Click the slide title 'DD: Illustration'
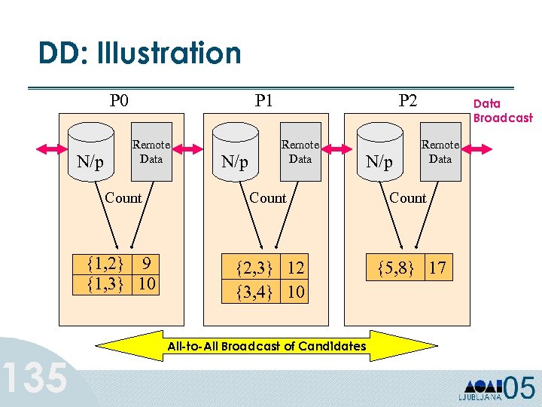(x=140, y=54)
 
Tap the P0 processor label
(x=119, y=100)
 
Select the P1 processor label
(x=263, y=100)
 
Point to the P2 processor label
(x=407, y=100)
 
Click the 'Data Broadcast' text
(x=502, y=111)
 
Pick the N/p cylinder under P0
(x=91, y=156)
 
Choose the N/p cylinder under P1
(x=233, y=156)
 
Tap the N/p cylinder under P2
(x=379, y=156)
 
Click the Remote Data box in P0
(x=151, y=151)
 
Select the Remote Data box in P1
(x=300, y=151)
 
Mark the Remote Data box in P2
(x=440, y=151)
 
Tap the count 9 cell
(x=148, y=265)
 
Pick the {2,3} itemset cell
(x=251, y=268)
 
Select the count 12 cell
(x=296, y=268)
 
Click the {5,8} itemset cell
(x=395, y=267)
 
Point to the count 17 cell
(x=439, y=267)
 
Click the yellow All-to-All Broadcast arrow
(x=267, y=346)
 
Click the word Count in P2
(x=408, y=198)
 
